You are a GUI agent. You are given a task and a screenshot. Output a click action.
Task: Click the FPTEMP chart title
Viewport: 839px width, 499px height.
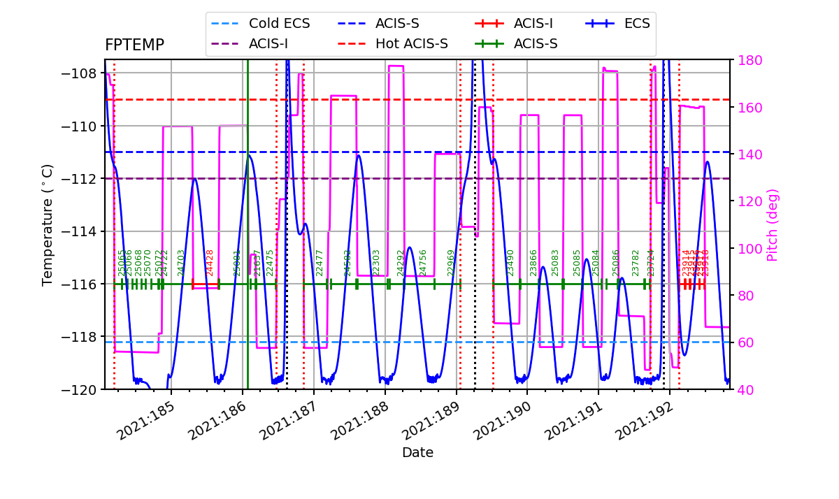pyautogui.click(x=134, y=45)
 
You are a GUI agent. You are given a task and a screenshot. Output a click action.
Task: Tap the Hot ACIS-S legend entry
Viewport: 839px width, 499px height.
pyautogui.click(x=411, y=44)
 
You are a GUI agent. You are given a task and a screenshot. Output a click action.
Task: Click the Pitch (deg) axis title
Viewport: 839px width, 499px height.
pyautogui.click(x=772, y=225)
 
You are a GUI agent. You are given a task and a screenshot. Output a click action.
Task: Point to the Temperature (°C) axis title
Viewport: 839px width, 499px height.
pyautogui.click(x=48, y=224)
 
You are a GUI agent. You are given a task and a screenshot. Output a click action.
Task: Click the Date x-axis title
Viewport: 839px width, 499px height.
pyautogui.click(x=417, y=453)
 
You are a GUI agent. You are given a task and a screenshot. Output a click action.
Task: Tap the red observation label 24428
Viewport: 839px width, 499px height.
pyautogui.click(x=210, y=262)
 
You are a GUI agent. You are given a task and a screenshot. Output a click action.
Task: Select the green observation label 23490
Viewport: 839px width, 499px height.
pyautogui.click(x=510, y=262)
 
